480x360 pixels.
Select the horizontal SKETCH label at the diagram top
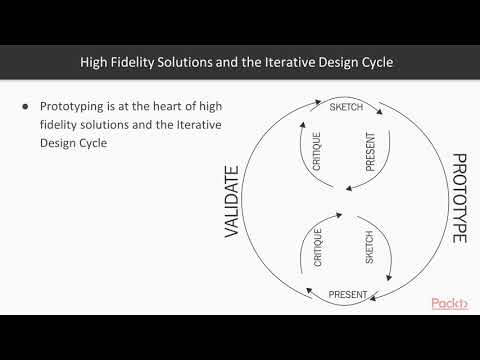click(346, 107)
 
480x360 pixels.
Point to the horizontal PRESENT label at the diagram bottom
click(348, 295)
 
